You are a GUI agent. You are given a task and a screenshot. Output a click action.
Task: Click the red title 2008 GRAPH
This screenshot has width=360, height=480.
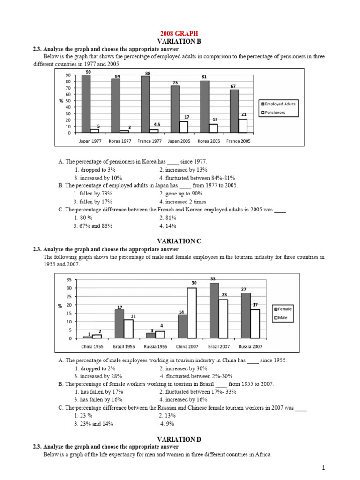tap(180, 34)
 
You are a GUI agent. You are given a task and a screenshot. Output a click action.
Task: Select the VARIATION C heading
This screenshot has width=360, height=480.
tap(180, 241)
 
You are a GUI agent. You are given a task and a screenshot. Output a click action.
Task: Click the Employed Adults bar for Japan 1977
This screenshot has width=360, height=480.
tap(86, 104)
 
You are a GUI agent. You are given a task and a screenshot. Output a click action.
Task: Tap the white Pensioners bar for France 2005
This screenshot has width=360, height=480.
tap(243, 126)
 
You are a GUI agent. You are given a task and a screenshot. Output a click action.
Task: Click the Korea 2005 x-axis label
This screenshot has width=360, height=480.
tap(209, 140)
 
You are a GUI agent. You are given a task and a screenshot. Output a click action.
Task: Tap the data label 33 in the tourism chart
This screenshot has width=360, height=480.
tap(213, 279)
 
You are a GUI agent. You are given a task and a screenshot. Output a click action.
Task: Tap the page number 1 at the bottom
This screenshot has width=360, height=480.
tap(323, 468)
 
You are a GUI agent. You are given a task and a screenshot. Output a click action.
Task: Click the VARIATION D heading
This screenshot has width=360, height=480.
tap(180, 439)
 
